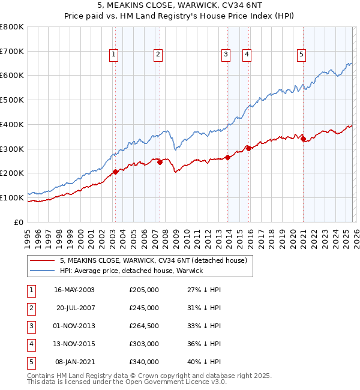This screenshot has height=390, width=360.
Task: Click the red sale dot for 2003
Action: (115, 172)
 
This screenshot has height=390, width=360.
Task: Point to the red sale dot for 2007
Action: (160, 162)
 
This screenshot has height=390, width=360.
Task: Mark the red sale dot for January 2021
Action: (304, 139)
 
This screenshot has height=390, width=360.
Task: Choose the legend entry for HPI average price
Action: (131, 271)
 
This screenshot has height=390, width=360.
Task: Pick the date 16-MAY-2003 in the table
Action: (74, 290)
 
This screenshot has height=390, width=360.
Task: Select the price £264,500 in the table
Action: (144, 326)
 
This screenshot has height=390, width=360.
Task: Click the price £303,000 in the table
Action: (144, 344)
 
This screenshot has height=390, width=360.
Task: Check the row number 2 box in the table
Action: (30, 308)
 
